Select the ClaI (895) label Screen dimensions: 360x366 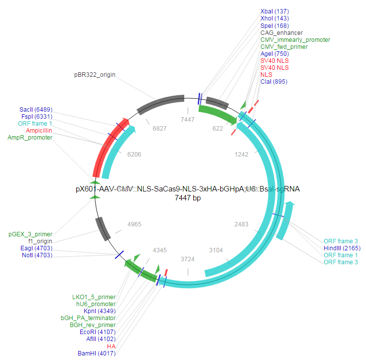click(274, 82)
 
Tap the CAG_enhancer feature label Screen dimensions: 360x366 click(281, 33)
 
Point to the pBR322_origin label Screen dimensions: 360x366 click(95, 75)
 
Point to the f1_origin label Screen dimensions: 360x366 click(39, 241)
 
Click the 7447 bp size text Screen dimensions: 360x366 click(188, 198)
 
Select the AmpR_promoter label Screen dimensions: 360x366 click(30, 137)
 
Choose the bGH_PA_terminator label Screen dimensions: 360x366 click(88, 318)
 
